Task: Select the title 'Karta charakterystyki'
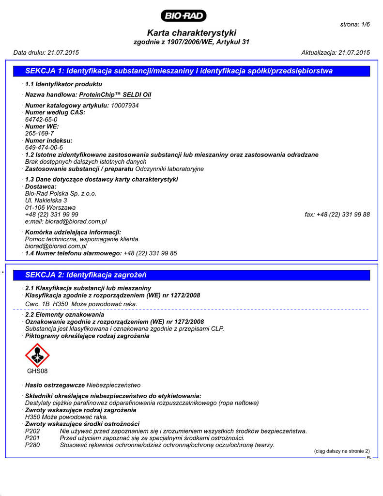click(x=191, y=33)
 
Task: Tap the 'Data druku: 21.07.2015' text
click(x=46, y=52)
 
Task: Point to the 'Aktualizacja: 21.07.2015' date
click(x=336, y=52)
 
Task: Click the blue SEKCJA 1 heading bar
click(x=191, y=71)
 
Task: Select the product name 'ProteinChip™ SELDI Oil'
click(x=115, y=94)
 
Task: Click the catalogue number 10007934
click(x=125, y=105)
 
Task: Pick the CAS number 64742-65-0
click(x=41, y=119)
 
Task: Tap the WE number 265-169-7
click(x=39, y=133)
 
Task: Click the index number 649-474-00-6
click(x=44, y=147)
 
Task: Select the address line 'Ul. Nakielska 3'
click(x=46, y=200)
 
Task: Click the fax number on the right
click(x=337, y=215)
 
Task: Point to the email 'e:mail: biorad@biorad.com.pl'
click(x=66, y=221)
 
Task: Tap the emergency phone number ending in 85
click(x=150, y=253)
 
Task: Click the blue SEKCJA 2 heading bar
click(x=191, y=275)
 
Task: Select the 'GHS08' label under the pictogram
click(x=37, y=372)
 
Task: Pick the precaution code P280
click(x=32, y=445)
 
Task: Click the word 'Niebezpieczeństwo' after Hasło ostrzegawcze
click(x=113, y=385)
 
